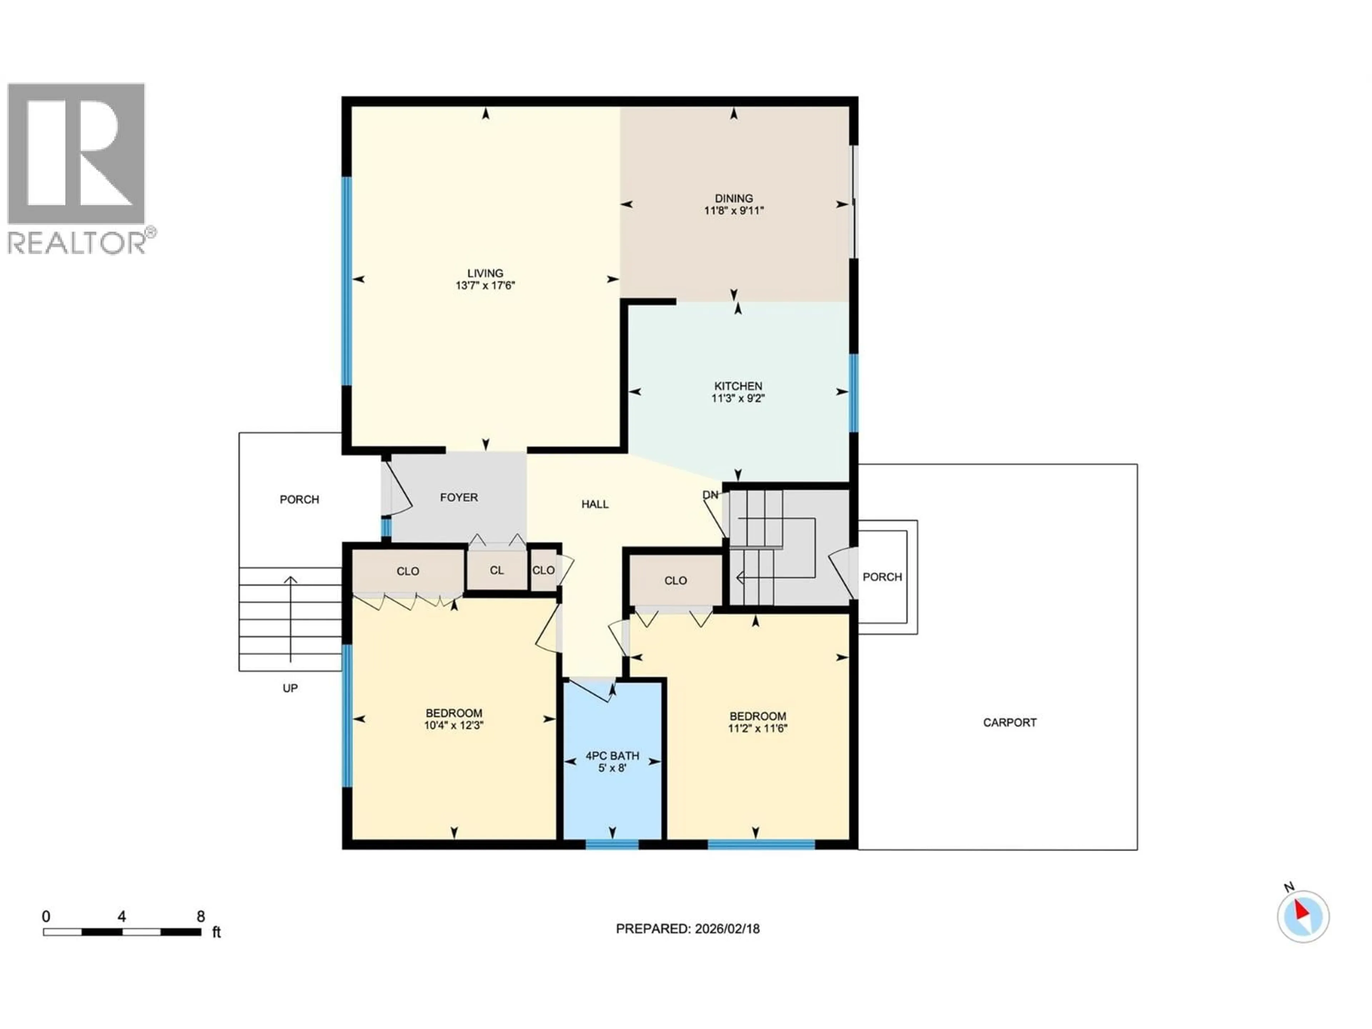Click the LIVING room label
point(485,273)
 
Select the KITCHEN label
point(737,386)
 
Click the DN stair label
point(710,495)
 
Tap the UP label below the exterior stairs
point(290,688)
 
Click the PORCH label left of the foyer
point(299,499)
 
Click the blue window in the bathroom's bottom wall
point(612,844)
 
